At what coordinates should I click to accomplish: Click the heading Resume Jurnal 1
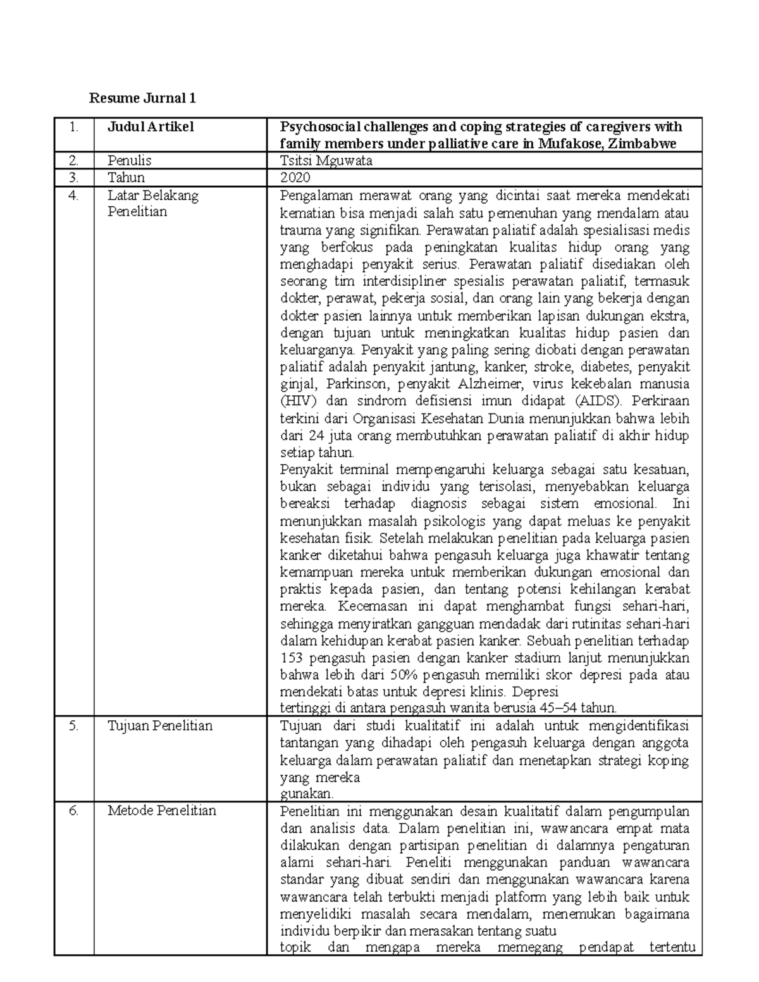tap(142, 98)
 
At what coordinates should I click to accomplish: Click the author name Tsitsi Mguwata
tap(326, 161)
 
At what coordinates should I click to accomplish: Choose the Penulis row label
tap(129, 161)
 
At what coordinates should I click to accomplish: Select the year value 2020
tap(296, 178)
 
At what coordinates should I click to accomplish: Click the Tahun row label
tap(126, 178)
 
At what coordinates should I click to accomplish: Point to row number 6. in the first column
tap(74, 811)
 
